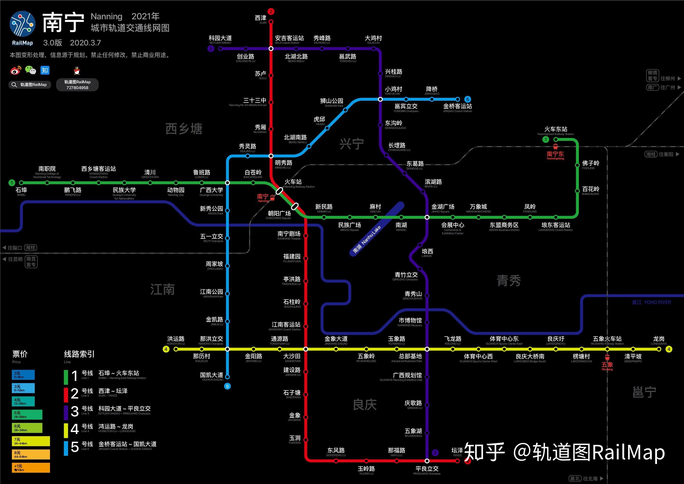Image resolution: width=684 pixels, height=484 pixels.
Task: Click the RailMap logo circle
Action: pyautogui.click(x=22, y=24)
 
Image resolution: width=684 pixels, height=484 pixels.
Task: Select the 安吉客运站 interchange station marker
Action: pyautogui.click(x=271, y=49)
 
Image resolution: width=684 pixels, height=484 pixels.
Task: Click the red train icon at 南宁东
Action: pyautogui.click(x=555, y=146)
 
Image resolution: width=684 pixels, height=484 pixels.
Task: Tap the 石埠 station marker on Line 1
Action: pyautogui.click(x=21, y=183)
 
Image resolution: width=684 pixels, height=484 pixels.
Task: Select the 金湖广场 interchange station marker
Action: pyautogui.click(x=427, y=217)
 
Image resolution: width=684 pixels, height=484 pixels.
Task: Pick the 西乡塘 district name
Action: pyautogui.click(x=184, y=129)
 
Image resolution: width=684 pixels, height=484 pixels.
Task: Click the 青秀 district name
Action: pyautogui.click(x=509, y=281)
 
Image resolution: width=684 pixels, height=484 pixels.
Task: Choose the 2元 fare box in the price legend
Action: pyautogui.click(x=23, y=375)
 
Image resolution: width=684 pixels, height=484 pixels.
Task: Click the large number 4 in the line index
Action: pyautogui.click(x=75, y=429)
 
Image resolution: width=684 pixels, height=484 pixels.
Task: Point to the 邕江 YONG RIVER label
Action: pyautogui.click(x=651, y=302)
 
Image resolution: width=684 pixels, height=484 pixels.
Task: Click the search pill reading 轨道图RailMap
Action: pyautogui.click(x=30, y=85)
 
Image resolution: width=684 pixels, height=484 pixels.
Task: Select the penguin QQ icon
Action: pyautogui.click(x=77, y=71)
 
